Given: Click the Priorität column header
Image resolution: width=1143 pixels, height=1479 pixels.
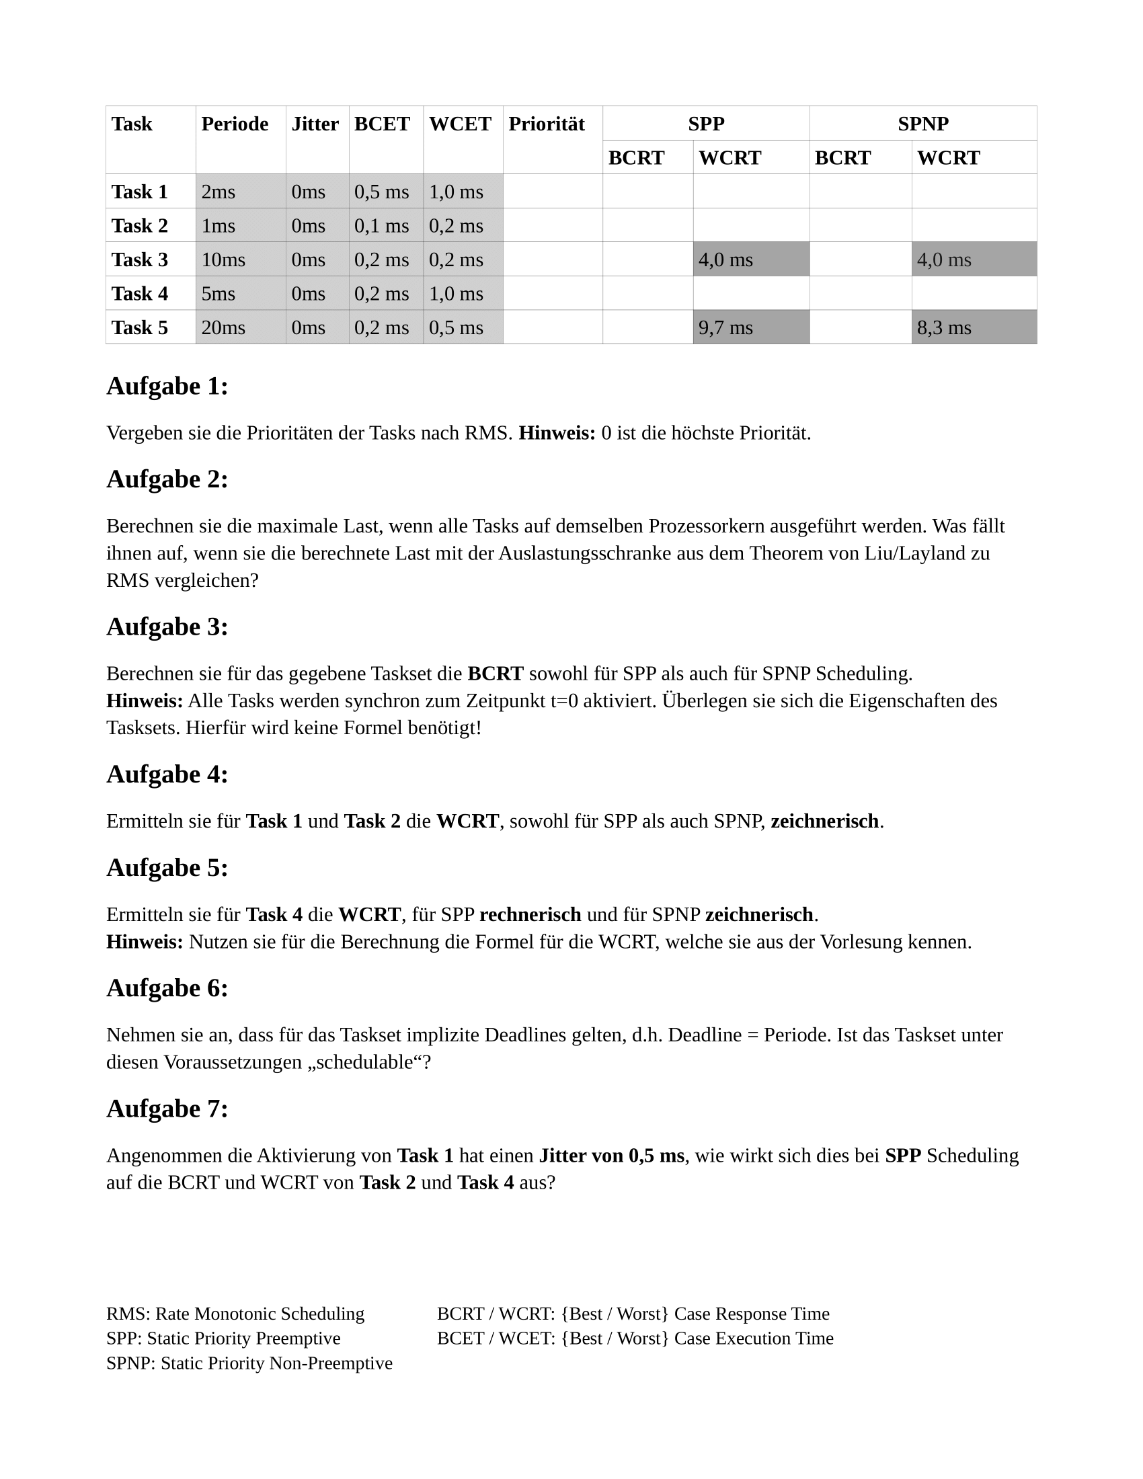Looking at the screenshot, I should [547, 124].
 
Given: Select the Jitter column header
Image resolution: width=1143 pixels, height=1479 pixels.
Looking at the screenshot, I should [315, 124].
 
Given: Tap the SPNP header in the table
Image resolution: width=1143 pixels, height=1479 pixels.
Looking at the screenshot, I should [923, 124].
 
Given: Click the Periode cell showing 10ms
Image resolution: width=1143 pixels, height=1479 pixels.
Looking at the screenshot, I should [223, 259].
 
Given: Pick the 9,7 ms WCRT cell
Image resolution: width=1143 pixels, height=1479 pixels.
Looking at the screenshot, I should [726, 328].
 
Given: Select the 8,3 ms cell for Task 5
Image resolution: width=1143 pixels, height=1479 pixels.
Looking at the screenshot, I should [944, 328].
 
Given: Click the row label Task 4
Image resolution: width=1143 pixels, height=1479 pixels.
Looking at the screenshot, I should [139, 293].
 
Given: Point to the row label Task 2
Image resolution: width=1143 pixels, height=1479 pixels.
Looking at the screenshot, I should [139, 225].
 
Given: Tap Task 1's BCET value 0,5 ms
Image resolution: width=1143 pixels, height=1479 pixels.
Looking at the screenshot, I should [382, 192].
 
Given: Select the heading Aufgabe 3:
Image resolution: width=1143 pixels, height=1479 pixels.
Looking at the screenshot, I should [167, 627].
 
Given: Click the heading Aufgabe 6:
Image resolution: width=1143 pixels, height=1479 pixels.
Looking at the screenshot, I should [167, 988].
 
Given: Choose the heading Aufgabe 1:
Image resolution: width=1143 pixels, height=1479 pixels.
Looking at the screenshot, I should [167, 386].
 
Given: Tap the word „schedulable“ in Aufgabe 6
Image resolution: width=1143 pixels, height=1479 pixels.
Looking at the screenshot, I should [366, 1062].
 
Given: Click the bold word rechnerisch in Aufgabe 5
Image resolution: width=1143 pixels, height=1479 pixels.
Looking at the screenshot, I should [530, 914].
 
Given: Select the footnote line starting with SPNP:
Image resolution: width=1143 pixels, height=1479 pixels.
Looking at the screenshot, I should [249, 1363].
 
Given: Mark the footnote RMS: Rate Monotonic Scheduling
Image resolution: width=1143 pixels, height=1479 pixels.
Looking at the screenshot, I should [235, 1314].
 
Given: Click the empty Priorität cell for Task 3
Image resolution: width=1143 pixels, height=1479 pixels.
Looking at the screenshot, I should [553, 259].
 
